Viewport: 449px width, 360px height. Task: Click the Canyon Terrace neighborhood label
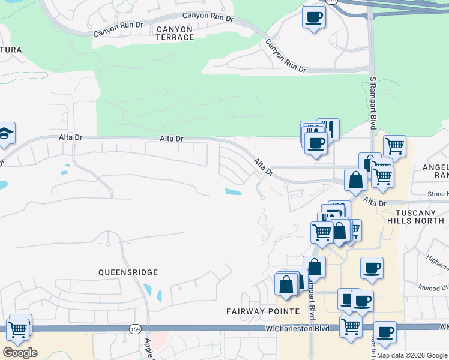[x=175, y=33]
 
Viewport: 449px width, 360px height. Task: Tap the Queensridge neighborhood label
[x=128, y=272]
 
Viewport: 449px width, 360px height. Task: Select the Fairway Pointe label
[x=262, y=311]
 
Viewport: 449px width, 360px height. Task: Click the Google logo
[x=20, y=352]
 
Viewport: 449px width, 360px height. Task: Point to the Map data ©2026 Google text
[x=412, y=355]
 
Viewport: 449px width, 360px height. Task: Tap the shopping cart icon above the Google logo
[x=18, y=329]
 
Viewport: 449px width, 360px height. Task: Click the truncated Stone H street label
[x=438, y=194]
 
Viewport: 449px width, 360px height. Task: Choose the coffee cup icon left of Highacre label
[x=372, y=267]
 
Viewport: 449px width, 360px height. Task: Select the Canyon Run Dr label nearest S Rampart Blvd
[x=285, y=57]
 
